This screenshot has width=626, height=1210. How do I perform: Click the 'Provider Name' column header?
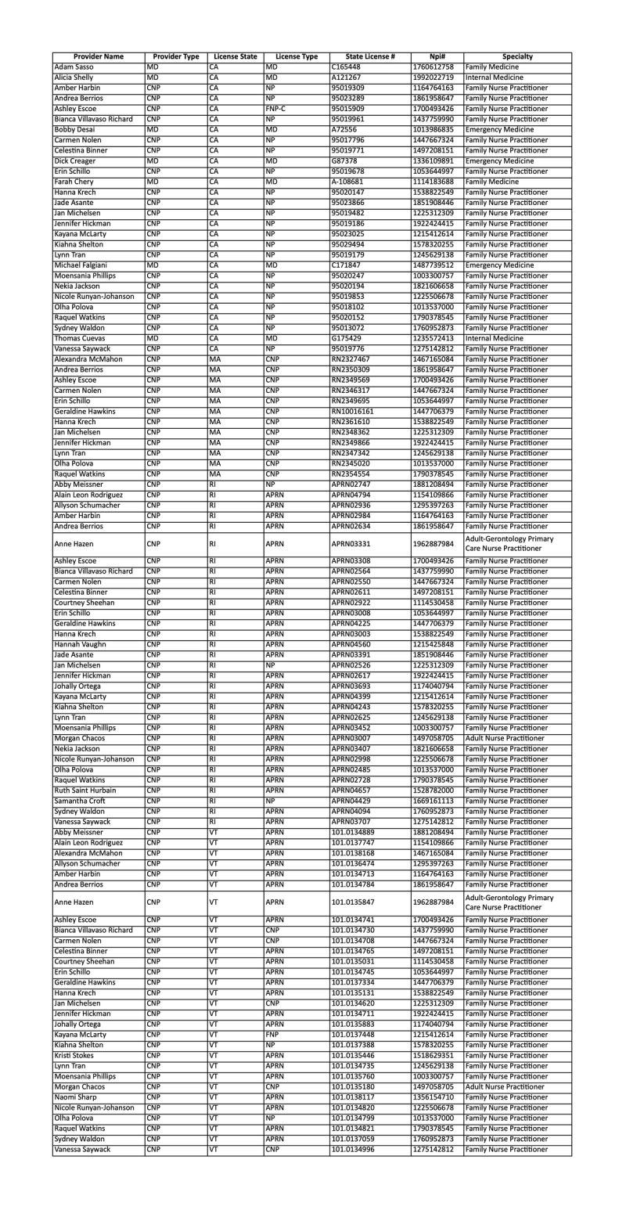(x=99, y=57)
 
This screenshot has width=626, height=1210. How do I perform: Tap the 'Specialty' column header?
(x=517, y=57)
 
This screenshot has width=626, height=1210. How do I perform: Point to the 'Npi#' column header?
(x=437, y=57)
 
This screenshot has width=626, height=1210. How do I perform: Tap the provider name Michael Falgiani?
(x=85, y=265)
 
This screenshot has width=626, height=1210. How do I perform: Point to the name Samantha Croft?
(x=81, y=801)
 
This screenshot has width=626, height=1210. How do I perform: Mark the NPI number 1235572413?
(x=433, y=338)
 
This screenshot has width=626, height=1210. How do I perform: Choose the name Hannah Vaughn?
(x=81, y=644)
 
